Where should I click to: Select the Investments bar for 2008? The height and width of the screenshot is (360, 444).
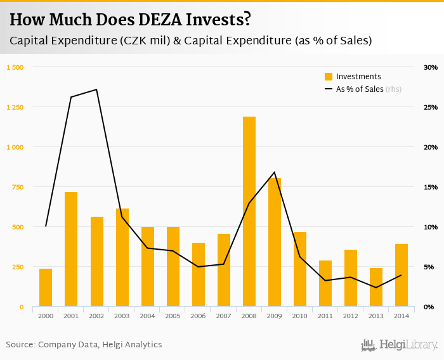tap(249, 212)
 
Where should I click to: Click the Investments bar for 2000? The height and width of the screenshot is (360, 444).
tap(46, 288)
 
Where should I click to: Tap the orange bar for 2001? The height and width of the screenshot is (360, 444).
tap(71, 250)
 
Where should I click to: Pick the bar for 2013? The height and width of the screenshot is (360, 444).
tap(376, 288)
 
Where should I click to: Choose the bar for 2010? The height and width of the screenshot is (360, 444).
tap(300, 269)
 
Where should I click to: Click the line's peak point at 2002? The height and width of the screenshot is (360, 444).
tap(96, 89)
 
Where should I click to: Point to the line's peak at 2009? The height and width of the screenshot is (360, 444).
tap(275, 172)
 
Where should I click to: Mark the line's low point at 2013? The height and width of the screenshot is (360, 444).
tap(376, 288)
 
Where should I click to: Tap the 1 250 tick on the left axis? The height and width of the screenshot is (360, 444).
tap(15, 107)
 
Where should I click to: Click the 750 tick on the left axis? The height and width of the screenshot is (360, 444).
tap(17, 187)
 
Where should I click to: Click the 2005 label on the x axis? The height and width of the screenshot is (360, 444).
tap(173, 315)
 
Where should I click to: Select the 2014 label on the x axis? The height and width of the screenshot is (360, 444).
tap(402, 315)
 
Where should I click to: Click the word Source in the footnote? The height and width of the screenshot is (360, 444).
tap(20, 345)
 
